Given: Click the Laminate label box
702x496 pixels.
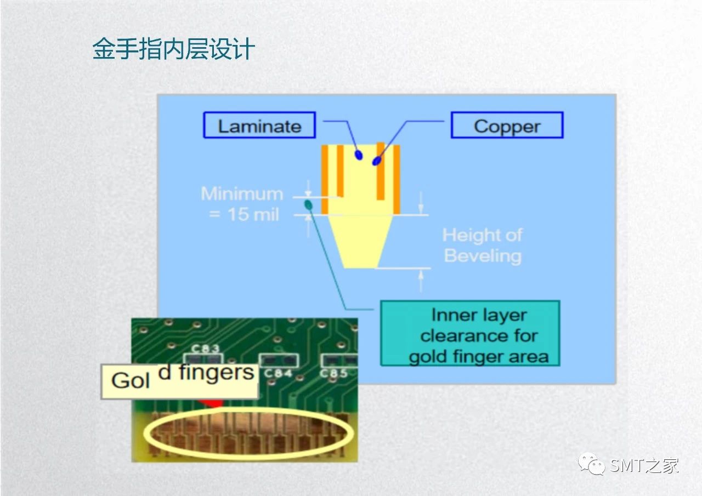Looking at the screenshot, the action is coord(259,125).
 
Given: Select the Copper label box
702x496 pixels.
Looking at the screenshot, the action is coord(507,125).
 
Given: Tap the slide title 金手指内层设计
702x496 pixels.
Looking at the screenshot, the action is coord(174,49).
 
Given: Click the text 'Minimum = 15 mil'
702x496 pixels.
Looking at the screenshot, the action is coord(242,204).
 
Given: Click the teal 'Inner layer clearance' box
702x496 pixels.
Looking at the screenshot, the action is coord(470,333).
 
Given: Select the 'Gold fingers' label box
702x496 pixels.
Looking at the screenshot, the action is coord(179,381).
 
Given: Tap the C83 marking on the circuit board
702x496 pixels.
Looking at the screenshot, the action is coord(206,349).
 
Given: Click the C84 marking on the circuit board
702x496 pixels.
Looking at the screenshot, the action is coord(278,373).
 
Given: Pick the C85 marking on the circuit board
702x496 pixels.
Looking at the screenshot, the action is coord(333,373).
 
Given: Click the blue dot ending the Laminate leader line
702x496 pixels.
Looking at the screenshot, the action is coord(359,155).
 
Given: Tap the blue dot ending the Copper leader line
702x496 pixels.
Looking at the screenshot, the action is coord(377,161).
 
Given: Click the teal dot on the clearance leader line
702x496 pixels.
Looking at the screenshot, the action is coord(308,205).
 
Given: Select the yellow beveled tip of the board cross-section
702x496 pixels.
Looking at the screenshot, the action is coord(360,242).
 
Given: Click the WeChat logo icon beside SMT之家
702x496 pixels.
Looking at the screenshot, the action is coord(591,464).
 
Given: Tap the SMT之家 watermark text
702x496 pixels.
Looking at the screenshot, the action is coord(644,466).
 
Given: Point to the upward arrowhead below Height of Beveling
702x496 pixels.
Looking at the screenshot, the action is coord(421,274).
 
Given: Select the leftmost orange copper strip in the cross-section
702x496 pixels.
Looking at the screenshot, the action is coord(325,180).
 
